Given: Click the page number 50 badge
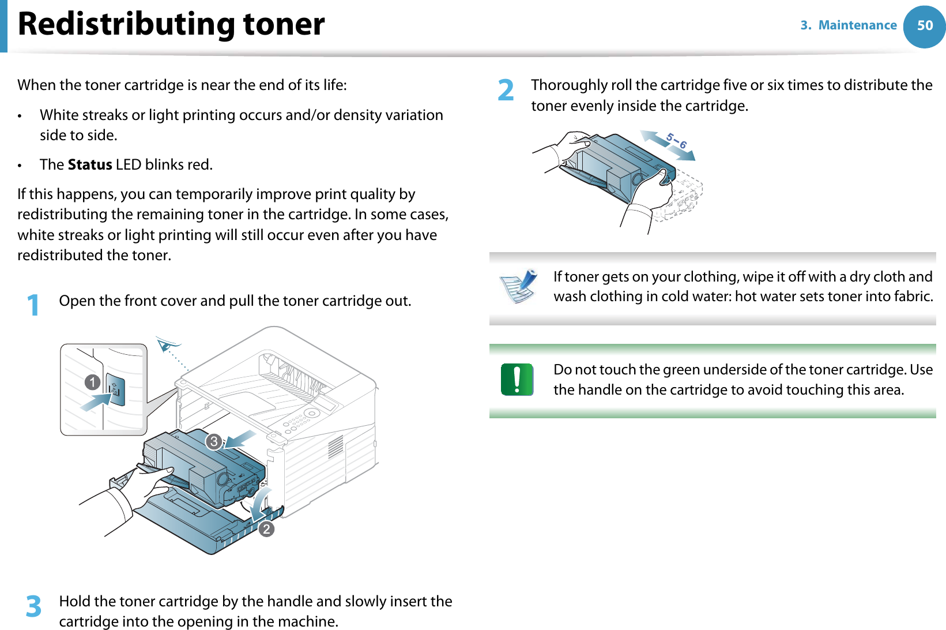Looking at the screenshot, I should click(925, 26).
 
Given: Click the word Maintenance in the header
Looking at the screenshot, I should click(857, 25).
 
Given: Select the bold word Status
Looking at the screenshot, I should click(90, 165).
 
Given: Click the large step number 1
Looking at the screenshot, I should click(33, 305).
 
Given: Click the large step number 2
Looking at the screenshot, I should click(506, 91).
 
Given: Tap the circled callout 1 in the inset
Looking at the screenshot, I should click(92, 382).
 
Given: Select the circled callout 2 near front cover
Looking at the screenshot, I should click(266, 528).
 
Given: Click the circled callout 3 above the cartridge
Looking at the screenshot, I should click(214, 441).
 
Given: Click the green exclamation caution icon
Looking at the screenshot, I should click(517, 380).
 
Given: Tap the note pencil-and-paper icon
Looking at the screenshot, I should click(518, 286).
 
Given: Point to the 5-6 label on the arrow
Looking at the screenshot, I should click(676, 141).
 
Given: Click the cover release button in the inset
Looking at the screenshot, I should click(115, 391).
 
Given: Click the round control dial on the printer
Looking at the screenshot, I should click(312, 413).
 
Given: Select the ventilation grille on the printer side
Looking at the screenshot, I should click(336, 447).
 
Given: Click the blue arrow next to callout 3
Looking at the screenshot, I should click(241, 439).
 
